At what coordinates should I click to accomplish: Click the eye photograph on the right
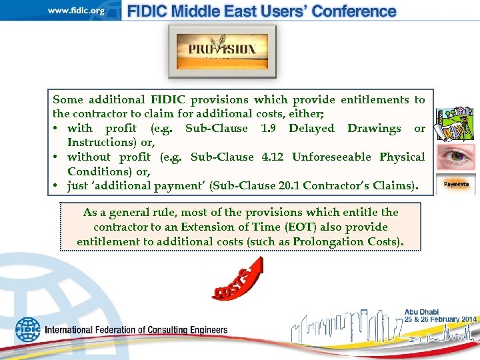(456, 156)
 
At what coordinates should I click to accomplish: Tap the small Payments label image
(456, 183)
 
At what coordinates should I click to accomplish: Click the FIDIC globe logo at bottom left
(28, 329)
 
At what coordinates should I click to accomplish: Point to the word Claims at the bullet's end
(399, 186)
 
